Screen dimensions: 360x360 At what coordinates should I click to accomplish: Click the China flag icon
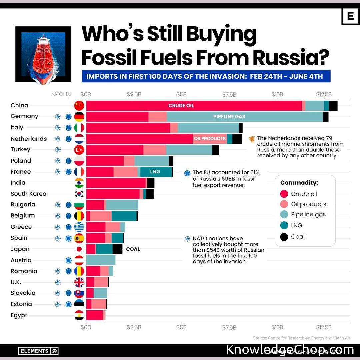click(x=79, y=106)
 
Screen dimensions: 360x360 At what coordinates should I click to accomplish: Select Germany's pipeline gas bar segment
click(x=245, y=117)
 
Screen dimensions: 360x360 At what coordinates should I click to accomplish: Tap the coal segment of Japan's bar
click(x=117, y=249)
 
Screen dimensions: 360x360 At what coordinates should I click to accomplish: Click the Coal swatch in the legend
click(x=284, y=237)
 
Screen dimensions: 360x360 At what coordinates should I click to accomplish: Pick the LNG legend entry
click(x=296, y=225)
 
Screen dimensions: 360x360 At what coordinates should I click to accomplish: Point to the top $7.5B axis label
click(x=229, y=94)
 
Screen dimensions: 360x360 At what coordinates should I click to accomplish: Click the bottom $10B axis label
click(x=277, y=327)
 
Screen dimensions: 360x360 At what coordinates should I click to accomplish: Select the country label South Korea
click(x=28, y=194)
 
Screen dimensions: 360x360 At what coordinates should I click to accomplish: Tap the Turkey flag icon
click(x=79, y=150)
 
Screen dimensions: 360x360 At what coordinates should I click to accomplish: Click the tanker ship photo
click(x=43, y=54)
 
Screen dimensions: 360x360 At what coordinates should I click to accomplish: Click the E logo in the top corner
click(x=350, y=16)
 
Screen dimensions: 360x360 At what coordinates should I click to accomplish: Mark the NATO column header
click(x=57, y=94)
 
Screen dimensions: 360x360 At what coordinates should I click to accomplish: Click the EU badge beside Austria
click(x=69, y=260)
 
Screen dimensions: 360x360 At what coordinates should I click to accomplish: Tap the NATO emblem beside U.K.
click(x=58, y=282)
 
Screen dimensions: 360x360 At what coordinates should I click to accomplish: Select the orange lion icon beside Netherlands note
click(x=252, y=139)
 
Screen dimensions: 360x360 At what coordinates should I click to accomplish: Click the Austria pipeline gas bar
click(x=101, y=260)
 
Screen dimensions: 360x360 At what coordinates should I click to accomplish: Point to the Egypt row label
click(x=19, y=315)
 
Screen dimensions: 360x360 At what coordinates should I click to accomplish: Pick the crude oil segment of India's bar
click(x=116, y=183)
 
